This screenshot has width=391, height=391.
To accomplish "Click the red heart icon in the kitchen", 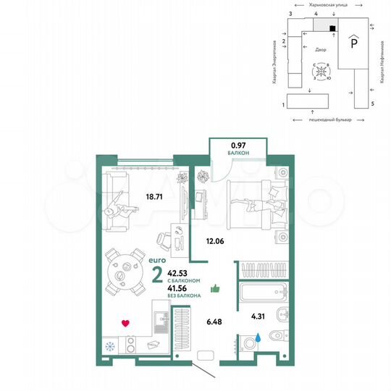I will pos(125,324).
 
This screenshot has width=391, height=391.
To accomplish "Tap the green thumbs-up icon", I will pos(214,289).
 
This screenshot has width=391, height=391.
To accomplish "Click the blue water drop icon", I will pos(258,337).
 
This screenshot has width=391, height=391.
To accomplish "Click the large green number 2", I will pos(157,275).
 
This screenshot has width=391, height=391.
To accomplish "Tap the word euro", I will pos(157,258).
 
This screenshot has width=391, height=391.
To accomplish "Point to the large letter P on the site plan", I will pos(353,43).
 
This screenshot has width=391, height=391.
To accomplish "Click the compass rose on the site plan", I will pos(321,73).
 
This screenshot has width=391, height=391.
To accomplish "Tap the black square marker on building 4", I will pos(332,28).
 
